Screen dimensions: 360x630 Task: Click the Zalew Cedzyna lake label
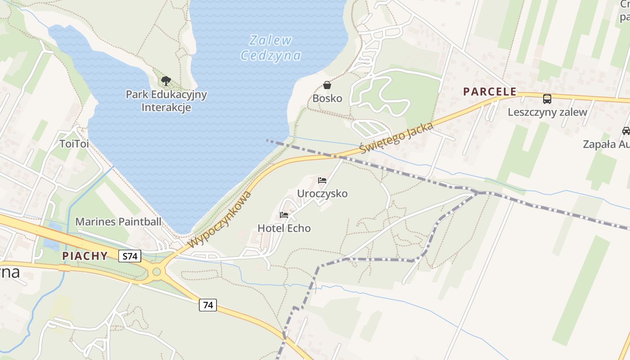point(270,48)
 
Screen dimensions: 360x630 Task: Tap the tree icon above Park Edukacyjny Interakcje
point(166,81)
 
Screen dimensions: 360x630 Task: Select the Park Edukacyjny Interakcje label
point(166,101)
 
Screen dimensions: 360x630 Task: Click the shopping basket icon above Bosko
point(327,85)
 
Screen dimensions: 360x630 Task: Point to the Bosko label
point(327,98)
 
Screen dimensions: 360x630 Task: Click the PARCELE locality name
point(490,91)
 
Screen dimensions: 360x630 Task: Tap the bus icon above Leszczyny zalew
point(547,99)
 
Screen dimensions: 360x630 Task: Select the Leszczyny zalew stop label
point(547,112)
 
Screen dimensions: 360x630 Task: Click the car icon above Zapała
point(626,131)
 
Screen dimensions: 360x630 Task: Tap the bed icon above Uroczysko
point(322,180)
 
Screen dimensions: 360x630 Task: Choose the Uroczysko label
point(322,193)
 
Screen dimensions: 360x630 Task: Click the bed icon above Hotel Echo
point(284,215)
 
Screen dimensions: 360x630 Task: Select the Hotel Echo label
point(284,228)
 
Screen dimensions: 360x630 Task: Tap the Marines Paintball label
point(118,221)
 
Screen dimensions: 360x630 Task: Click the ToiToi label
point(74,144)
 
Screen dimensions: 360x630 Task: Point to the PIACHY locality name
point(85,256)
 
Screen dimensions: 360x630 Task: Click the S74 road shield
point(130,256)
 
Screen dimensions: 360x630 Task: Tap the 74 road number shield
point(208,305)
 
